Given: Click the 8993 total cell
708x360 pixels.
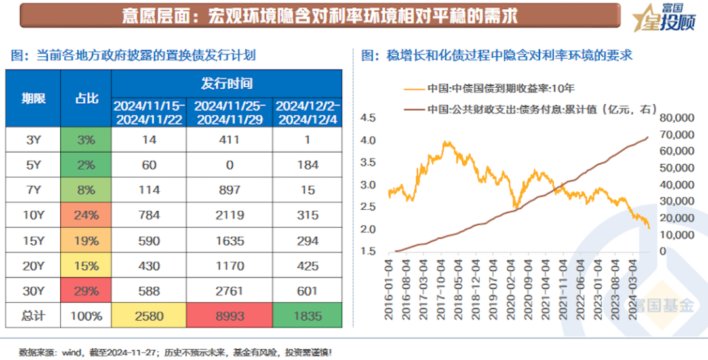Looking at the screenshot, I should pyautogui.click(x=229, y=316).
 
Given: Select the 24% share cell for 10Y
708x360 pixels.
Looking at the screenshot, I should pyautogui.click(x=86, y=215).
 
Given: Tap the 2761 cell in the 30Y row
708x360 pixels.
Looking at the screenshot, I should pyautogui.click(x=229, y=290).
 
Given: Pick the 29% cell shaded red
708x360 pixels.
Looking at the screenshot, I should pyautogui.click(x=86, y=290).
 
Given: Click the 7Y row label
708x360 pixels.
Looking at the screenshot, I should pyautogui.click(x=33, y=190).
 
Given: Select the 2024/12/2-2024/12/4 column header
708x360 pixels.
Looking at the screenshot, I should pyautogui.click(x=307, y=112).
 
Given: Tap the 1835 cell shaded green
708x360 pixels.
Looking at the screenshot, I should pyautogui.click(x=307, y=316).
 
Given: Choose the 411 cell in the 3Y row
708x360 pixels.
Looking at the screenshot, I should pyautogui.click(x=229, y=140).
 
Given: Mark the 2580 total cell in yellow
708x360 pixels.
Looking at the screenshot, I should pyautogui.click(x=149, y=316).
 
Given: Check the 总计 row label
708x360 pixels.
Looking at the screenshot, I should pyautogui.click(x=33, y=316).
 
